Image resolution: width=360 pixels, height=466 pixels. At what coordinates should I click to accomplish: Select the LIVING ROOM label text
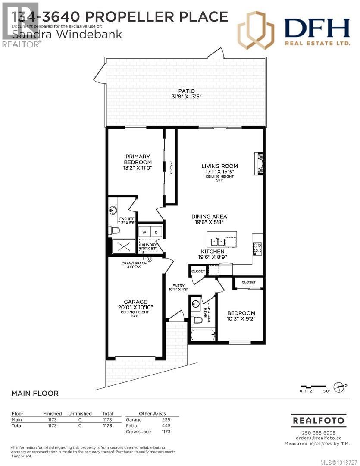pos(219,166)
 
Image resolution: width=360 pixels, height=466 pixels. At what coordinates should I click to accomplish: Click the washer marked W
pos(144,232)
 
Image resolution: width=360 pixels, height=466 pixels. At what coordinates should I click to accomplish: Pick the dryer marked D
pos(156,232)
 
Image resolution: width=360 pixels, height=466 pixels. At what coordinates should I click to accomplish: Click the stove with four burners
pos(257,248)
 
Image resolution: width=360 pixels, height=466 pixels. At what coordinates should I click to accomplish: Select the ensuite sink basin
pos(113,211)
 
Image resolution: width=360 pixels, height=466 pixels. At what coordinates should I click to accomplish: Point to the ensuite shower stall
pos(123,247)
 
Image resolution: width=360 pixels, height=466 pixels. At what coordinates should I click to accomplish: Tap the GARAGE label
pos(136,302)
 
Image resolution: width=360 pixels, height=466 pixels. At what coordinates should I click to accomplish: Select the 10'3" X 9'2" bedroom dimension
pos(241,320)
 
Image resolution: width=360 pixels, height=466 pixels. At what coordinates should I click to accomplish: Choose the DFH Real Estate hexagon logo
pos(256,30)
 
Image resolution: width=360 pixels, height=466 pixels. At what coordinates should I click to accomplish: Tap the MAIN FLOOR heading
pos(34,394)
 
